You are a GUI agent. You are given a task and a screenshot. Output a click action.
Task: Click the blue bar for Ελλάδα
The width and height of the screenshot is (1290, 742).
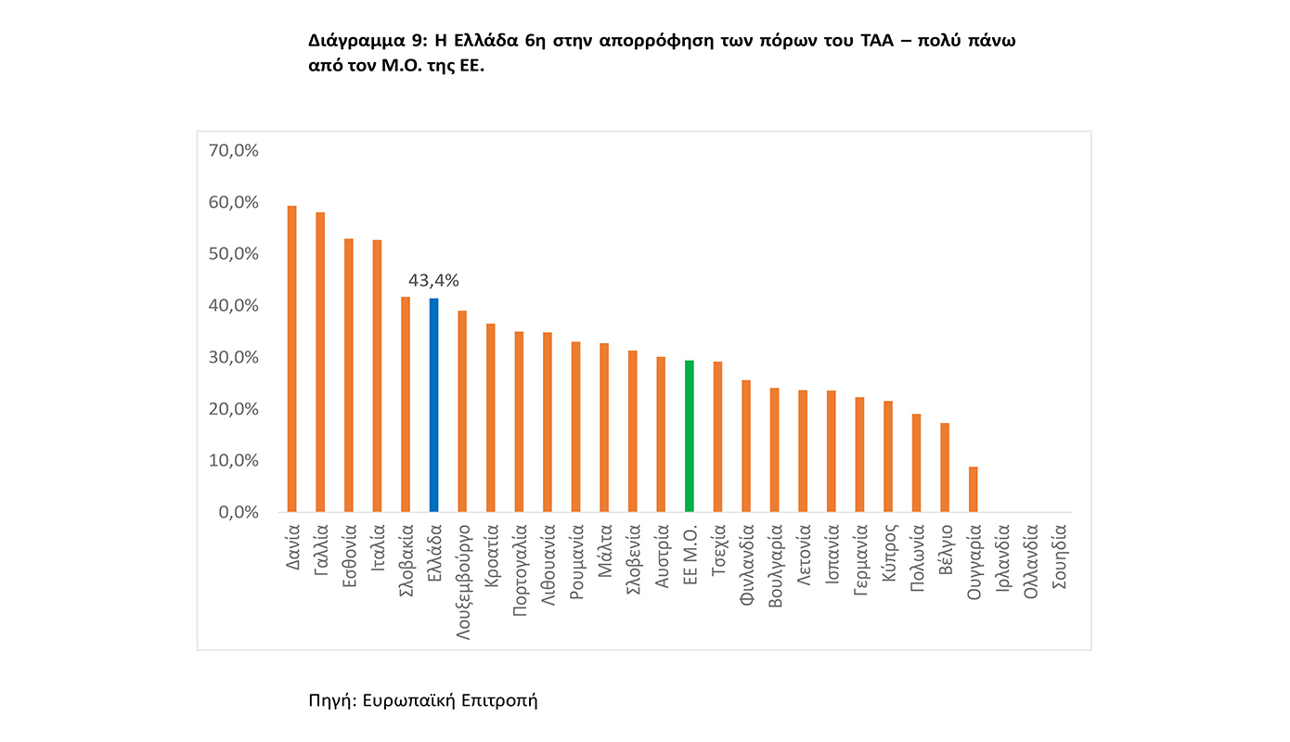(x=433, y=405)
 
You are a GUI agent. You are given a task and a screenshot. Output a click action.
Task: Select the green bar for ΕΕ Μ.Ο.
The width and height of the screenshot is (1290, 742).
(x=689, y=436)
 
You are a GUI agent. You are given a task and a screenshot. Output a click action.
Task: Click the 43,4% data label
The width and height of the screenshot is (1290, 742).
(x=434, y=280)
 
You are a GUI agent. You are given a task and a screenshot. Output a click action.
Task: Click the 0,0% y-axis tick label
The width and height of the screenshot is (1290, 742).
(x=237, y=512)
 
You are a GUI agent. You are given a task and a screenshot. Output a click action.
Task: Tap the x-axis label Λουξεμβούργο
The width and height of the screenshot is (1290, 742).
(x=463, y=573)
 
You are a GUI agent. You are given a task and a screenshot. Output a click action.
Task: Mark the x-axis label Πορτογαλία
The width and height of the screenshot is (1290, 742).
(x=520, y=568)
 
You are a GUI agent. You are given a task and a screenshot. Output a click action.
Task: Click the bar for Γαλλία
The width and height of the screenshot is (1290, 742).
(x=320, y=362)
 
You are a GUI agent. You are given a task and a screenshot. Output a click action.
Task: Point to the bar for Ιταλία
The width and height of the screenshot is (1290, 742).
(x=377, y=376)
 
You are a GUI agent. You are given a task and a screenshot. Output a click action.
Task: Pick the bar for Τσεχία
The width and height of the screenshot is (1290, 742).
(x=717, y=437)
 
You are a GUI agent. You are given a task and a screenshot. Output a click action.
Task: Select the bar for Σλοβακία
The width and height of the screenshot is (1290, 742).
(x=406, y=404)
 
